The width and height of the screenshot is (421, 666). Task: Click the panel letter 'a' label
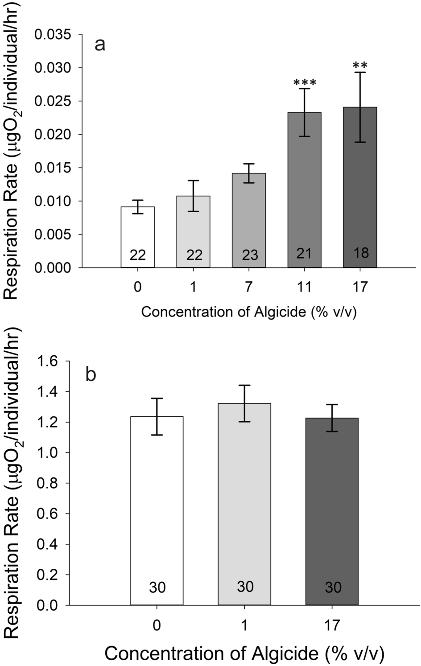100,45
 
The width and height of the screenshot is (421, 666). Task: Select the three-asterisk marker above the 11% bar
305,83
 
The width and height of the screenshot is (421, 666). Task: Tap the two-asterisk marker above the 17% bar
360,66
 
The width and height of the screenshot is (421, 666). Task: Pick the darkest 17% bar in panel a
360,187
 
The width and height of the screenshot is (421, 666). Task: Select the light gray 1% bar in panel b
244,490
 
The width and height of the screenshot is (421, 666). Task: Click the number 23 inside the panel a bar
250,255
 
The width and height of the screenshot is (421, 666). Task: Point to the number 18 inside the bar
361,253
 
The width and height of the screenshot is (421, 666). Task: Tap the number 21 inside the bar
304,253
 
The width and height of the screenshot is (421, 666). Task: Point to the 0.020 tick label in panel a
53,135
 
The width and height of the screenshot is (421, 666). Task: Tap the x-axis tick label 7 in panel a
249,287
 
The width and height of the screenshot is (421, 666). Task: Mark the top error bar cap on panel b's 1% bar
244,385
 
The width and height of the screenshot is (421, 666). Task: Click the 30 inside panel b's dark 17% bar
333,588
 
